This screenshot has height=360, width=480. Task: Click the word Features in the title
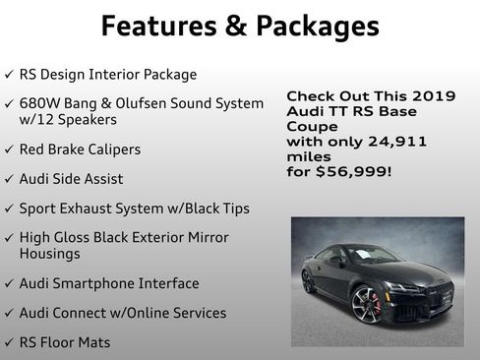[x=163, y=26]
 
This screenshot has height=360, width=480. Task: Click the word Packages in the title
[x=316, y=26]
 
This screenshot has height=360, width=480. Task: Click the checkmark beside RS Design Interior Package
[x=9, y=75]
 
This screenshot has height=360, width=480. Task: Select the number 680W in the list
[x=40, y=103]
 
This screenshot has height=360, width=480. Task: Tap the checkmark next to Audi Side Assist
[x=9, y=179]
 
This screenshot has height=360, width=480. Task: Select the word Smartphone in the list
[x=107, y=283]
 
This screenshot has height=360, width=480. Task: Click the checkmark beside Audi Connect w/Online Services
[x=9, y=313]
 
